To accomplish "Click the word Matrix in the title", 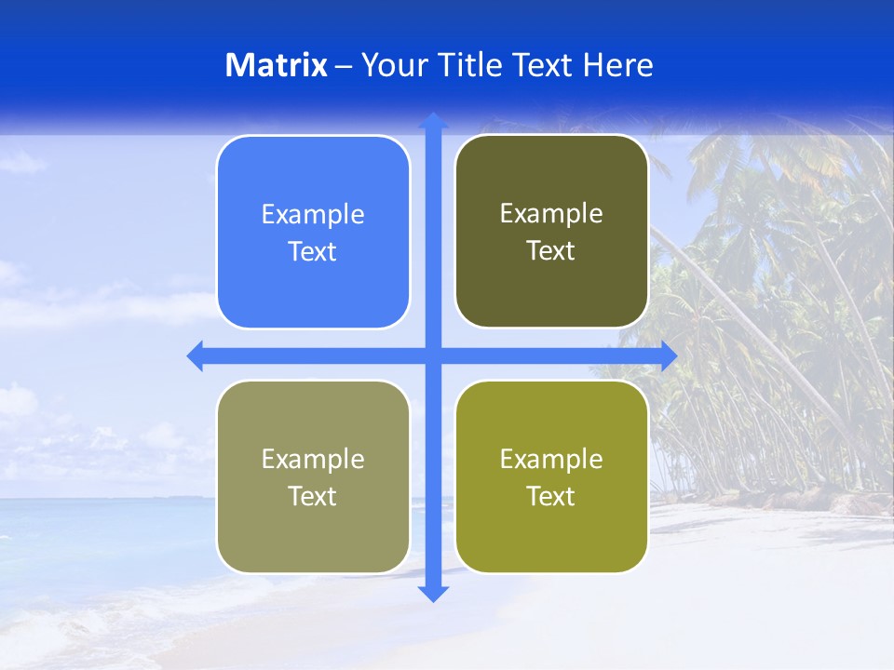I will click(276, 65).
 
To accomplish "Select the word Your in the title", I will click(392, 65).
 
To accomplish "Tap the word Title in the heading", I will click(470, 65).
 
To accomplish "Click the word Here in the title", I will click(618, 65).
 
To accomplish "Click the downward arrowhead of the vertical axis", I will click(433, 593).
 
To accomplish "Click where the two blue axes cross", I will click(433, 355).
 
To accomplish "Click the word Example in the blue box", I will click(313, 214).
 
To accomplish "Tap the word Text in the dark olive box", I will click(551, 251).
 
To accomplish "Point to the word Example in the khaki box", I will click(313, 459).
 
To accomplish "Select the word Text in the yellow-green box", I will click(551, 496).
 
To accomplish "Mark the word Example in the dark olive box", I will click(551, 213).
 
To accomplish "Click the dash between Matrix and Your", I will click(344, 66).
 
